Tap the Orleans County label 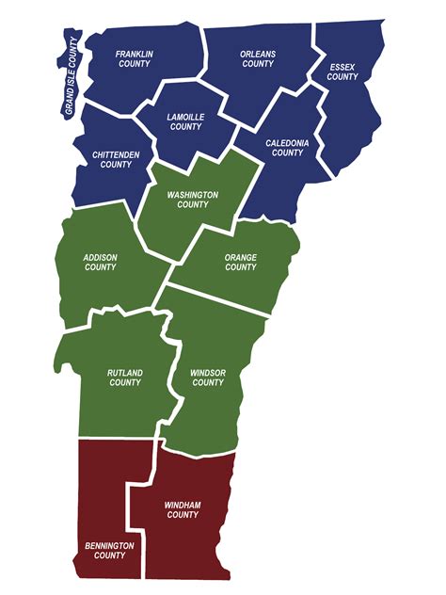[x=258, y=59]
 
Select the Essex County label [x=342, y=72]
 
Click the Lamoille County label [x=185, y=121]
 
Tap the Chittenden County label [x=117, y=160]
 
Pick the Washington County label [x=193, y=199]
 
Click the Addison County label [x=100, y=262]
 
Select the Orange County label [x=241, y=262]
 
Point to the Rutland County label [x=124, y=378]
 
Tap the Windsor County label [x=207, y=378]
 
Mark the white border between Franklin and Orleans [x=206, y=56]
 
